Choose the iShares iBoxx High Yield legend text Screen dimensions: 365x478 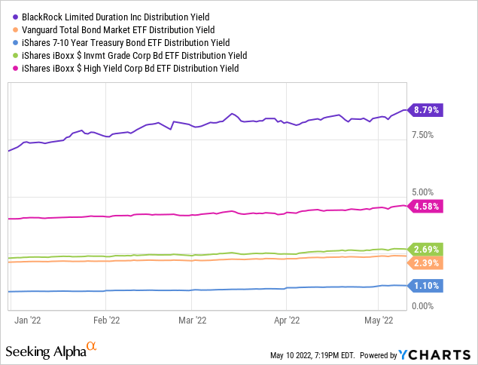[128, 69]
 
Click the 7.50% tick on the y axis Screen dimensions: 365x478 [424, 135]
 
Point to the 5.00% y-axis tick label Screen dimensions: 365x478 [424, 193]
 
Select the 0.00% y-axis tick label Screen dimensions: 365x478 [424, 305]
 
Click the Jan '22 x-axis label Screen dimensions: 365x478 [29, 320]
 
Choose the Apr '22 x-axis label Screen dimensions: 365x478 [286, 320]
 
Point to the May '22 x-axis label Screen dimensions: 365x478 [379, 320]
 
